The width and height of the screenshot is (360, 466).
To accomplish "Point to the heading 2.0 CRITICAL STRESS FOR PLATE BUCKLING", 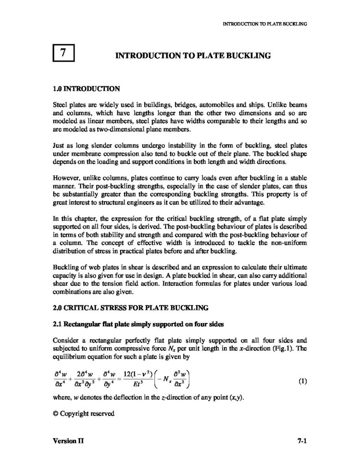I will pos(131,308).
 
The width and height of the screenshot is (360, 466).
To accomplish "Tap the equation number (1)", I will pos(303,380).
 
